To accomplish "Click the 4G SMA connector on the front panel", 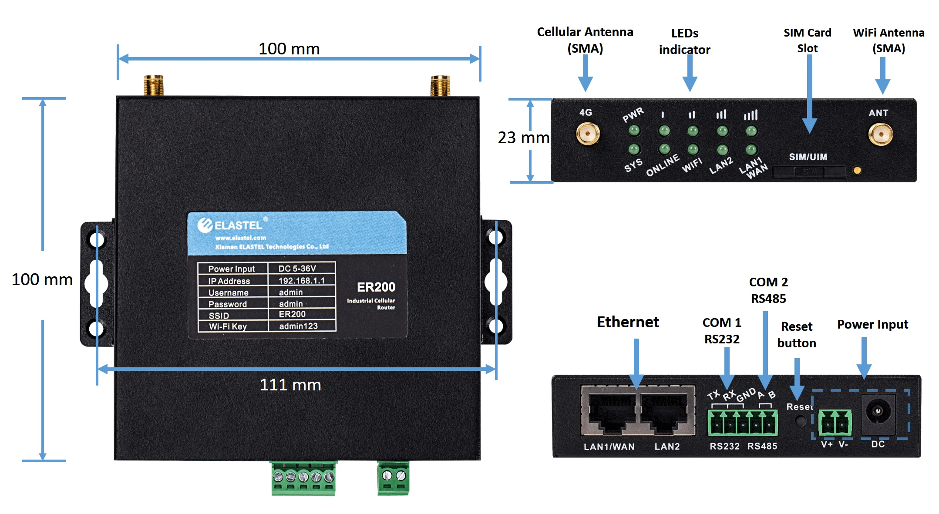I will coord(588,134).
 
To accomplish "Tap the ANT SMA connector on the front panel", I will coord(880,134).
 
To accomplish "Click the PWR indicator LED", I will coord(634,130).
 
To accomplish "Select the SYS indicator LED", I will coord(634,149).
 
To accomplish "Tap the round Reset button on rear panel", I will coord(800,421).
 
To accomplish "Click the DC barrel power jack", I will coord(878,412).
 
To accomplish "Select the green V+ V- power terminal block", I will coord(835,423).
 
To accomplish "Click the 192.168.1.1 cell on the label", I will coord(301,281).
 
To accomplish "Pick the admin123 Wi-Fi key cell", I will coord(299,326).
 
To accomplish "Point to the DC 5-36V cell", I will coord(297,269).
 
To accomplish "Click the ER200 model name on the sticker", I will coord(376,287).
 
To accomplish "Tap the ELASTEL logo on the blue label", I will coord(231,225).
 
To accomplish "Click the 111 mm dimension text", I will coord(290,385).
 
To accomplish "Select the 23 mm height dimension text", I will coord(523,138).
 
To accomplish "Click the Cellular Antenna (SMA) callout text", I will coord(585,40).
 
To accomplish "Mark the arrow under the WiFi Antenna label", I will coord(882,75).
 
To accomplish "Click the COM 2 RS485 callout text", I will coord(768,290).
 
